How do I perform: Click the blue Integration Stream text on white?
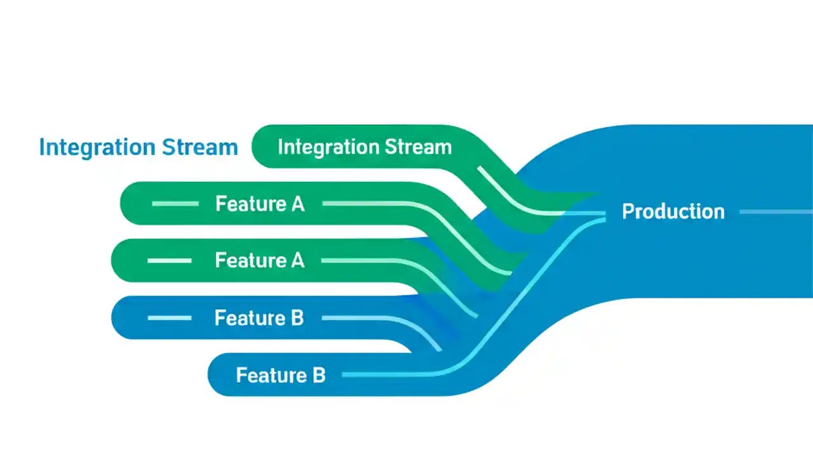(x=138, y=147)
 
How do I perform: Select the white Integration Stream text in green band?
(x=365, y=147)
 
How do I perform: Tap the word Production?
(x=673, y=211)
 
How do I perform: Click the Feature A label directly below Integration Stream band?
(x=260, y=204)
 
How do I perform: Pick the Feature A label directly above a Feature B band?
(x=260, y=261)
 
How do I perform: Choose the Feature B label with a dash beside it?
(x=259, y=318)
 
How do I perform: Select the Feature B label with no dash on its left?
(x=281, y=375)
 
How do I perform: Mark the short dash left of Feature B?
(x=170, y=318)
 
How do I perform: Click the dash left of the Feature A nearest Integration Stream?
(x=175, y=204)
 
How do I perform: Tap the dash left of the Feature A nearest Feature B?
(x=170, y=261)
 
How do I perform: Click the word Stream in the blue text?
(x=199, y=147)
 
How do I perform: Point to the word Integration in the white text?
(x=319, y=147)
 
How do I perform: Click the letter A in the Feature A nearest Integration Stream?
(x=297, y=204)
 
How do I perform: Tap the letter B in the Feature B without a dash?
(x=318, y=375)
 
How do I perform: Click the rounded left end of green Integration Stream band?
(x=259, y=147)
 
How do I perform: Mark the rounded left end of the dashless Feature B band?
(x=216, y=375)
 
